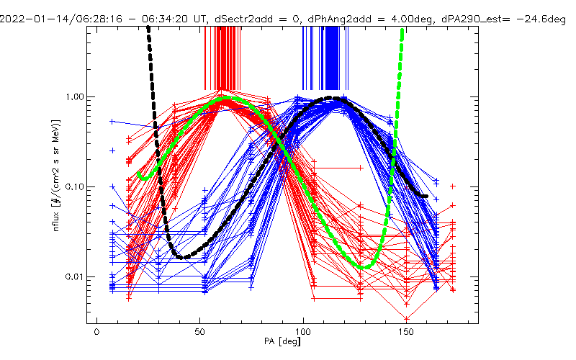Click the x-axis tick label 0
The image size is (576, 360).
[96, 333]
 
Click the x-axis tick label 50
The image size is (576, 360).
[199, 333]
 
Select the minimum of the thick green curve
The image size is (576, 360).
[365, 267]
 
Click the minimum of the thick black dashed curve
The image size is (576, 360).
[183, 257]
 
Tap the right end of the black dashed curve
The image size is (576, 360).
[427, 196]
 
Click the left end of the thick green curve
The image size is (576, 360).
[139, 174]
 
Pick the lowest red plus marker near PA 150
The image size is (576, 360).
[407, 318]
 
